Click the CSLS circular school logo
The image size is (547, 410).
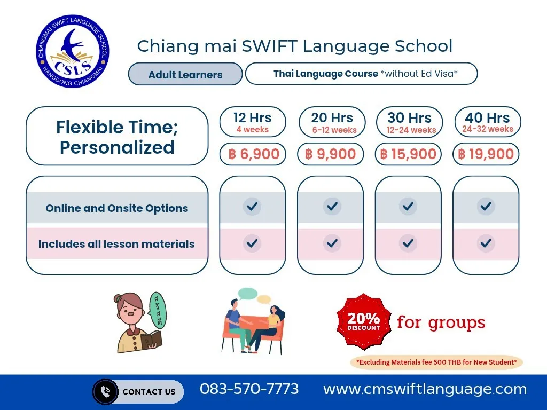point(73,51)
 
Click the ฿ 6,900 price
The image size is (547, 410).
point(254,154)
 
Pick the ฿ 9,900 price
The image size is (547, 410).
point(330,154)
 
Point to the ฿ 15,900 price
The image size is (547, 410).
point(408,154)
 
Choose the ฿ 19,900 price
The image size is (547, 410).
point(486,154)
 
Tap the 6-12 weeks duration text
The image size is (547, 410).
point(334,130)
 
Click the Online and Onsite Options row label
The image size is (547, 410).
point(117,208)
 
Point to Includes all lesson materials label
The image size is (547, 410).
point(116,244)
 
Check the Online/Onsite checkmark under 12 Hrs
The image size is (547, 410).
point(252,207)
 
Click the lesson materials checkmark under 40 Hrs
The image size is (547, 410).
point(486,243)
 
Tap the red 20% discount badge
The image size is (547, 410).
point(363,321)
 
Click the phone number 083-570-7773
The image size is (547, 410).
point(249,389)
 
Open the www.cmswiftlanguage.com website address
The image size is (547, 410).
point(425,389)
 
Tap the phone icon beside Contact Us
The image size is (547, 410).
point(105,391)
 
